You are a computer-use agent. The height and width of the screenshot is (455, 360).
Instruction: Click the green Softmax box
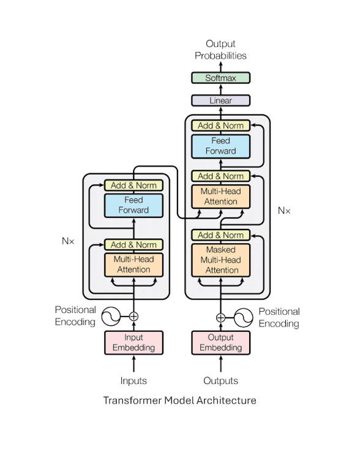(220, 78)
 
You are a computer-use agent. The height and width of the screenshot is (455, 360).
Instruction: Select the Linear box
(220, 100)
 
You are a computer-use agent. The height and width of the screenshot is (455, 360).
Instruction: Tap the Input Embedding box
(133, 343)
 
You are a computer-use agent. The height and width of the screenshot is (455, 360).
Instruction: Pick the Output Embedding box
(221, 343)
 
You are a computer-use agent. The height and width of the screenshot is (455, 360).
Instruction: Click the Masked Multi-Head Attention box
(221, 260)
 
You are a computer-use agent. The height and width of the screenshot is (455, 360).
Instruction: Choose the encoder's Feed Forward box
(133, 205)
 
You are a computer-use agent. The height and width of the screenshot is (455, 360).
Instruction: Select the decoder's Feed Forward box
(221, 146)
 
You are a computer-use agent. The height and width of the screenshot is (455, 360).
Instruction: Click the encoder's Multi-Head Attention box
(133, 265)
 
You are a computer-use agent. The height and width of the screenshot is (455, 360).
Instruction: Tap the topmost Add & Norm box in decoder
(221, 126)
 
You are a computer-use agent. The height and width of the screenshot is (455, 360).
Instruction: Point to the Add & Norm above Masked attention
(221, 235)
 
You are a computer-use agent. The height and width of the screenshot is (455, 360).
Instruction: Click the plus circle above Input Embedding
(133, 316)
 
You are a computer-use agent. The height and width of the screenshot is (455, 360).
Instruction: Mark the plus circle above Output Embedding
(221, 317)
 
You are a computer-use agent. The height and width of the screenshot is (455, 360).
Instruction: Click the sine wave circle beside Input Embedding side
(111, 316)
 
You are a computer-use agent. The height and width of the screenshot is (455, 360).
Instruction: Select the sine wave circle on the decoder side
(244, 317)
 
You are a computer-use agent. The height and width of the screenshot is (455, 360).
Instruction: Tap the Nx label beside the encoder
(68, 241)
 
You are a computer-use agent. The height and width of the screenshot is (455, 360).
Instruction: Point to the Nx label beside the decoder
(284, 211)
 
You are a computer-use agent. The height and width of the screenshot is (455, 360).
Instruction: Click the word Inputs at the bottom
(133, 381)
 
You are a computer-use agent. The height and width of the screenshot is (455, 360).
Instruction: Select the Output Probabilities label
(220, 50)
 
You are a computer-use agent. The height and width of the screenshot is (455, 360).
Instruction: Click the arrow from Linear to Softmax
(221, 89)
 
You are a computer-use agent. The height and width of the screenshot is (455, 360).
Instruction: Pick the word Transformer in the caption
(132, 400)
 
